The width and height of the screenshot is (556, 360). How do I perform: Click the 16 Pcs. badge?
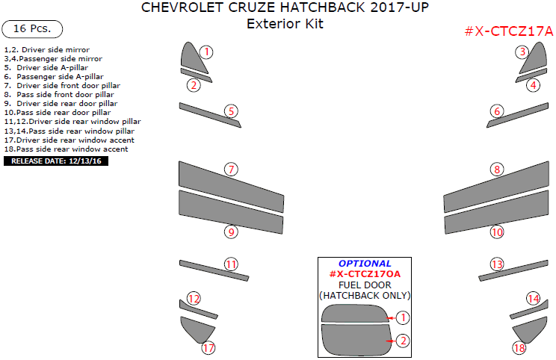point(33,29)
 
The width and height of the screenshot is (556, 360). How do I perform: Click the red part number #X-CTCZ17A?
point(508,31)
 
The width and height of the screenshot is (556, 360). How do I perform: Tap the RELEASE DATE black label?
point(56,161)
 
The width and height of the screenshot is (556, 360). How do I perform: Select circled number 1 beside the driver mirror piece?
point(206,52)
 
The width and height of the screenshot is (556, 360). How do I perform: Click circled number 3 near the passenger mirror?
point(523,52)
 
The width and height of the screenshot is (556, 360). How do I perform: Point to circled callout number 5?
point(232,111)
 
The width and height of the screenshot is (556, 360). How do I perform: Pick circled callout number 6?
point(497,111)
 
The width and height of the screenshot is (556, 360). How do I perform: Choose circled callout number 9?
point(232,232)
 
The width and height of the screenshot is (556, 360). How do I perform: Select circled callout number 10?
point(497,232)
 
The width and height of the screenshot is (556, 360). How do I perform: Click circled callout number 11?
point(232,264)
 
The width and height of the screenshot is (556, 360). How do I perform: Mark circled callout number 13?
point(497,264)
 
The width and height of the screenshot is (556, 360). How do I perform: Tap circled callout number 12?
point(194,299)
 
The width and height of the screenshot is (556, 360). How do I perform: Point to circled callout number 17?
point(208,347)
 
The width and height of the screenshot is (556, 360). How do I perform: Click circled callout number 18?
point(519,347)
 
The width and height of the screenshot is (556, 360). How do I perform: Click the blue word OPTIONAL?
point(365,264)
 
